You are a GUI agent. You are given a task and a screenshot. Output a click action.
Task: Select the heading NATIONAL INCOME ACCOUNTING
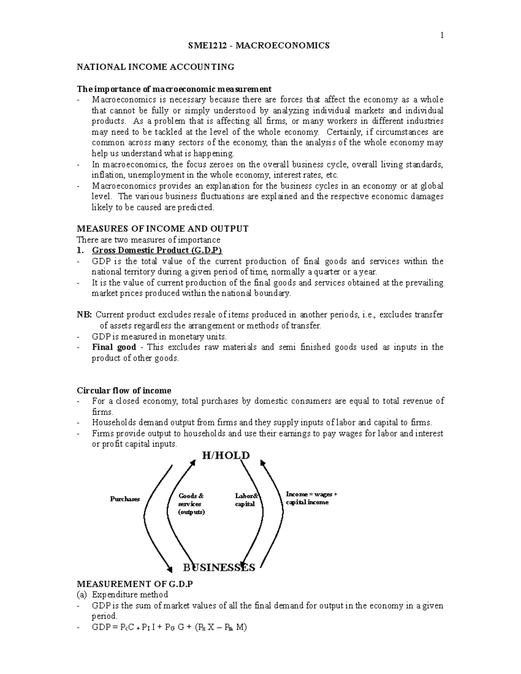pyautogui.click(x=155, y=67)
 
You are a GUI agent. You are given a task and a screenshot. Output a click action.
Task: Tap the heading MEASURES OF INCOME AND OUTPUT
pyautogui.click(x=162, y=229)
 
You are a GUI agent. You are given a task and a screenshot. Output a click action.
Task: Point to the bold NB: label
pyautogui.click(x=84, y=315)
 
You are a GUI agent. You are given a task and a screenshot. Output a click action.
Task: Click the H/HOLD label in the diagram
pyautogui.click(x=225, y=455)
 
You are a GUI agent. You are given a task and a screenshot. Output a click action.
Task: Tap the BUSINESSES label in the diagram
pyautogui.click(x=219, y=567)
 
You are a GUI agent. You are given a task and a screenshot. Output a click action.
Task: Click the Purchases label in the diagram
pyautogui.click(x=125, y=499)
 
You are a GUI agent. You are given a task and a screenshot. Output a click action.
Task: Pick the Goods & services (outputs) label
pyautogui.click(x=191, y=504)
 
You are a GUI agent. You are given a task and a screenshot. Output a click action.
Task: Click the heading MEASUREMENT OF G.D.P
pyautogui.click(x=134, y=584)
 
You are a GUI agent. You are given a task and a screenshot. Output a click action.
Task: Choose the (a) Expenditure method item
pyautogui.click(x=122, y=595)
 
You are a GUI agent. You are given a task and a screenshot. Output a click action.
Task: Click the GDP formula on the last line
pyautogui.click(x=169, y=627)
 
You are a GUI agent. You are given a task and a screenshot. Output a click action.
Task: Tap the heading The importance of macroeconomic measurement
pyautogui.click(x=174, y=89)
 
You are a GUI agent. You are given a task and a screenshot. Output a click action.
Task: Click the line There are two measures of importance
pyautogui.click(x=148, y=240)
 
